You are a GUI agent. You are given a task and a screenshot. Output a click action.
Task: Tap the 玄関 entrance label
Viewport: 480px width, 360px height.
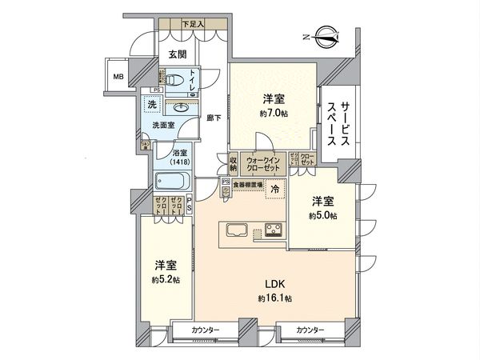[177, 54]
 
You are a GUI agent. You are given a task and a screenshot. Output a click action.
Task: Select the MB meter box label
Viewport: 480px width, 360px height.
[118, 78]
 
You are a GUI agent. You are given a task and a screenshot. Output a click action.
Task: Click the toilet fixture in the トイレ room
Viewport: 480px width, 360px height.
[171, 81]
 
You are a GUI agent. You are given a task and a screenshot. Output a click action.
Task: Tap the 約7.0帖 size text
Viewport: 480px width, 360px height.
[274, 114]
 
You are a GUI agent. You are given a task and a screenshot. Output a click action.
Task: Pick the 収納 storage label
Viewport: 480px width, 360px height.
[234, 162]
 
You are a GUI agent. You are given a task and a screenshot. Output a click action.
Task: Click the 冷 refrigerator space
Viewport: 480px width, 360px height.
[274, 190]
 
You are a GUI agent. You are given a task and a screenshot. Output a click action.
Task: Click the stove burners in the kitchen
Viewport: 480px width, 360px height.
[274, 230]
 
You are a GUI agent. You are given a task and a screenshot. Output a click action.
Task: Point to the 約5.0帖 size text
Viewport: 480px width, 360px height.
[323, 215]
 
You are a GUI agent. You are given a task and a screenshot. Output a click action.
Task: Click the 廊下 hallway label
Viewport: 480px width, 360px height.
[213, 118]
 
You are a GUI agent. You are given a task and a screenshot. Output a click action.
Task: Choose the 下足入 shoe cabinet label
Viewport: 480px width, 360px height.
[192, 25]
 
